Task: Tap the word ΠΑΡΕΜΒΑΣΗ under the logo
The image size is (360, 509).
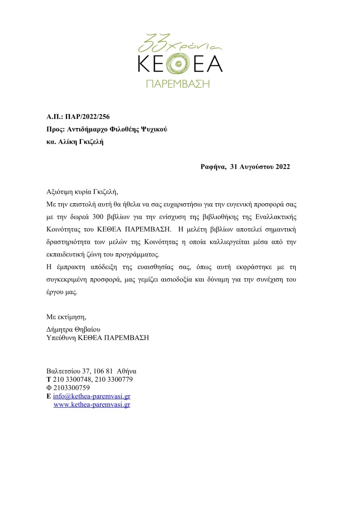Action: tap(177, 84)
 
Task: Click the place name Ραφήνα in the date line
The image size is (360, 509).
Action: tap(213, 167)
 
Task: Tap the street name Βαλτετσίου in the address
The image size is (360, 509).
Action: tap(63, 371)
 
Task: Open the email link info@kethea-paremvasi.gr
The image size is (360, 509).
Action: tap(91, 396)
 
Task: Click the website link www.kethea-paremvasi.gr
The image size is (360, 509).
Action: tap(91, 405)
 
